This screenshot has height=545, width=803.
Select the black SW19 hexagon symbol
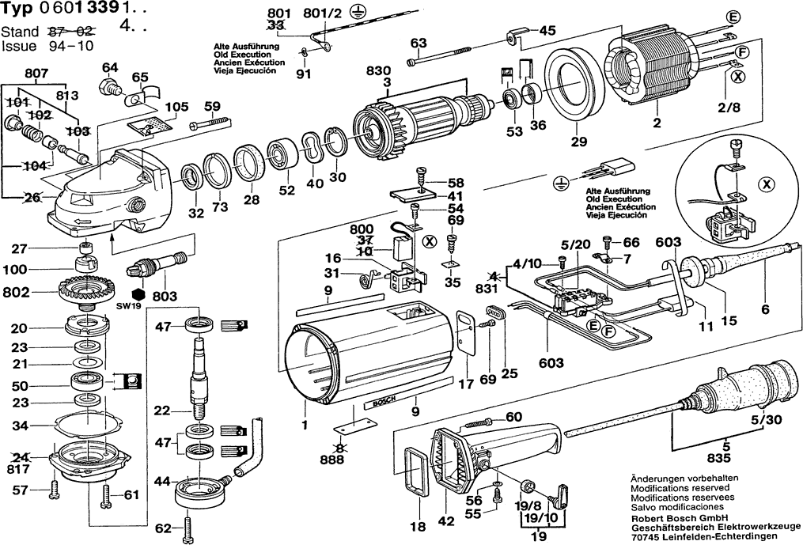tap(137, 295)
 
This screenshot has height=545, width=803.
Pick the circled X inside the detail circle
tap(766, 185)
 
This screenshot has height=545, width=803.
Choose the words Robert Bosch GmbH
tap(679, 518)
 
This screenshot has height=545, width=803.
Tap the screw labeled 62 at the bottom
tap(188, 527)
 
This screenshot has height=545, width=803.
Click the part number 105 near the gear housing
tap(176, 107)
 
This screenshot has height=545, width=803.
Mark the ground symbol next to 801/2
tap(354, 13)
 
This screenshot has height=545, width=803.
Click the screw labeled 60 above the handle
tap(478, 423)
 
